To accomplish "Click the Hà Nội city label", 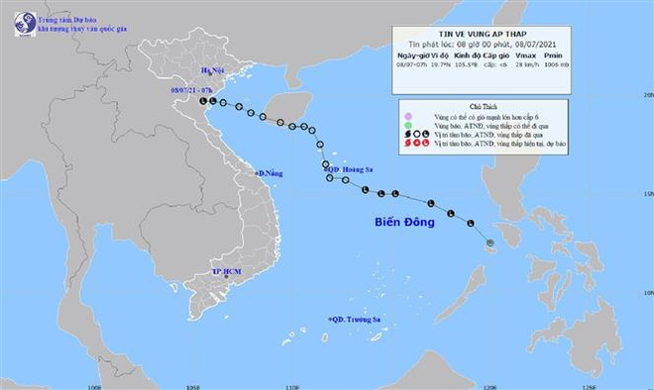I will [x=211, y=70].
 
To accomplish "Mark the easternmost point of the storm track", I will [x=490, y=241].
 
